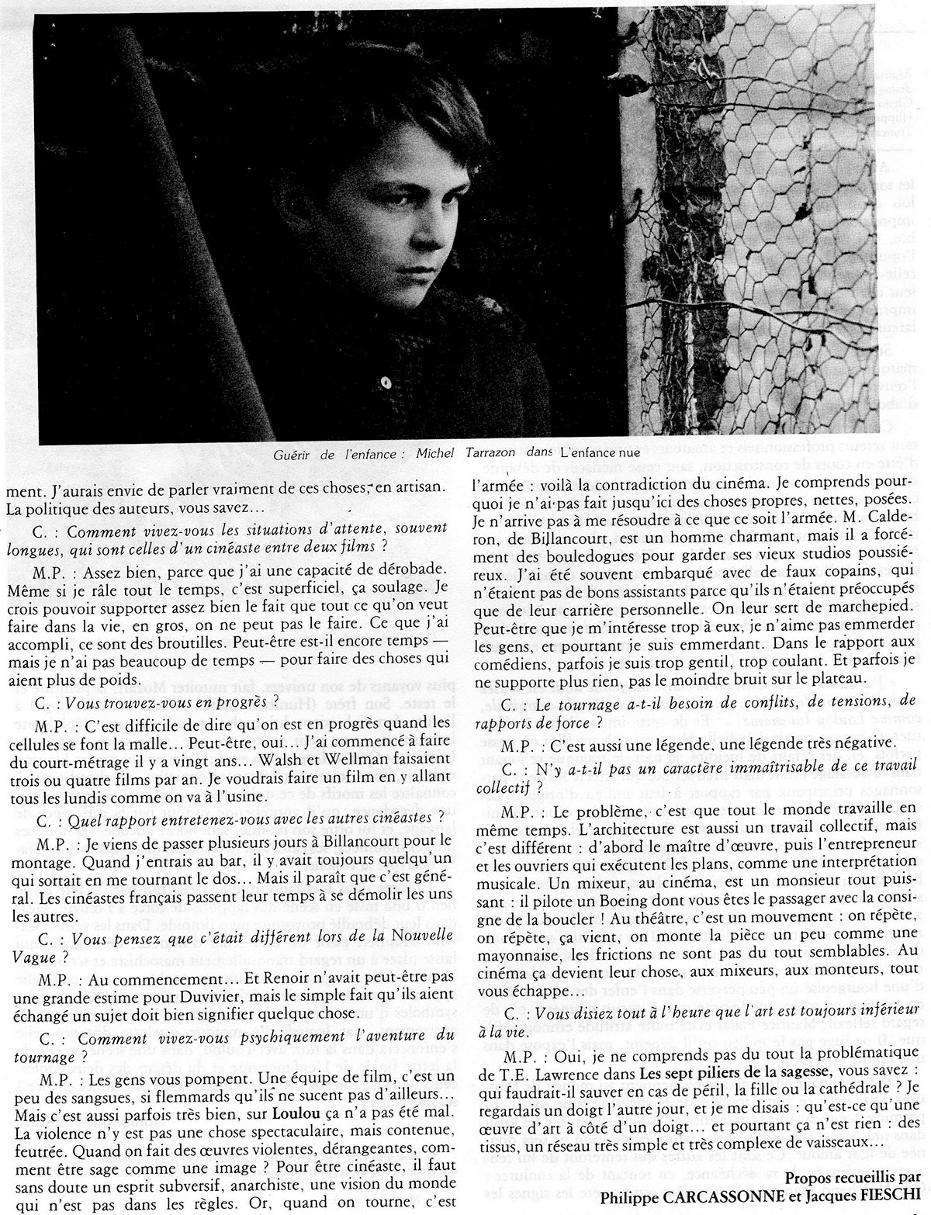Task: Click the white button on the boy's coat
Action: tap(386, 382)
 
